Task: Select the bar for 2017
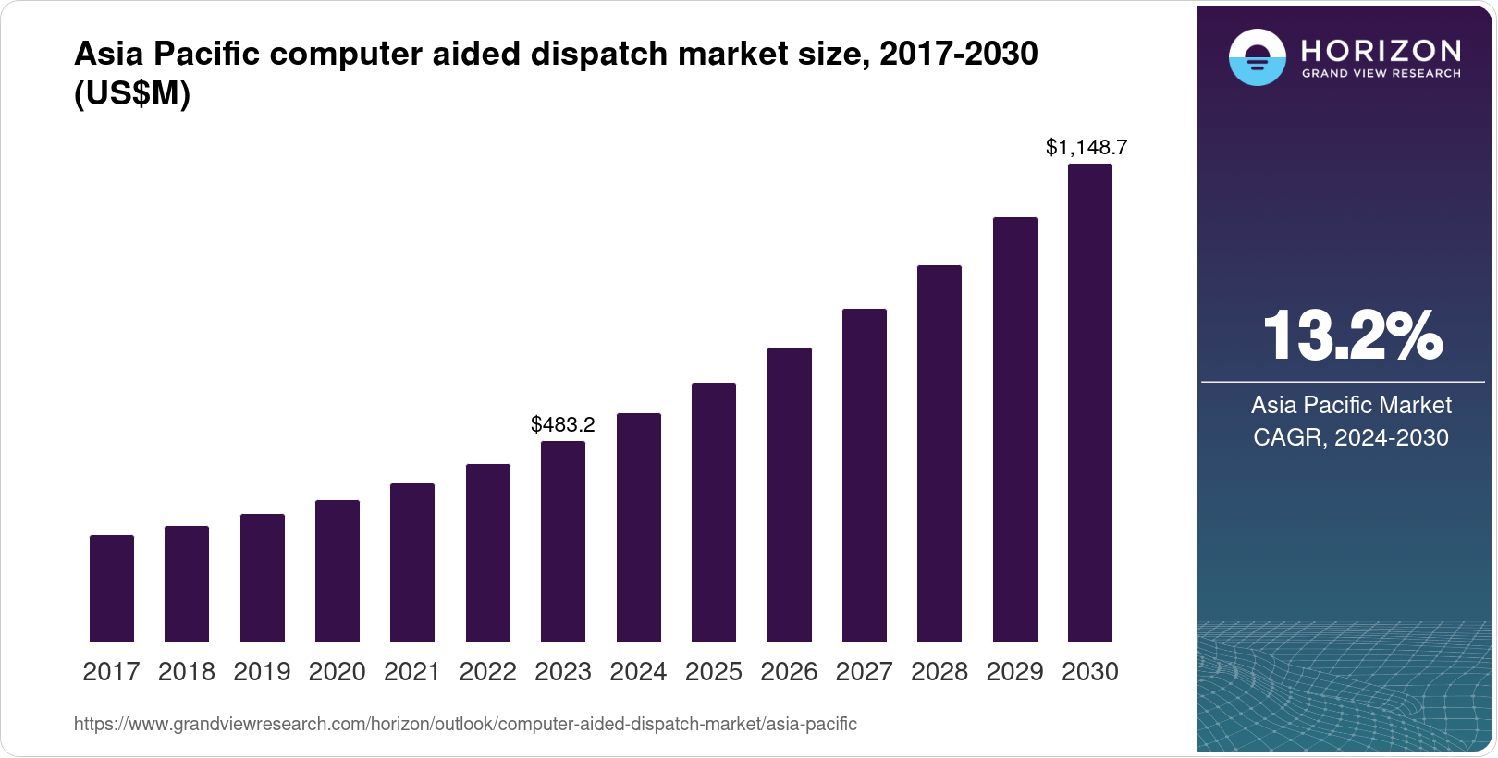112,588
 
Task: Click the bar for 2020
338,570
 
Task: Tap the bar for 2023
563,541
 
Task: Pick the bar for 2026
790,495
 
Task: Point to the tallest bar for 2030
1090,403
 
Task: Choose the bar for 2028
939,453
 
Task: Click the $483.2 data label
563,424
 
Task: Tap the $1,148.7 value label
1087,147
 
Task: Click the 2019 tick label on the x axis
262,672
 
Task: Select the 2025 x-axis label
714,672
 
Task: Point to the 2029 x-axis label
1014,672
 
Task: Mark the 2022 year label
487,672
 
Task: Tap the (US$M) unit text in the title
132,94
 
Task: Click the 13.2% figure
1351,336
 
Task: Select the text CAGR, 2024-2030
1351,437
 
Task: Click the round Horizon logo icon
1257,57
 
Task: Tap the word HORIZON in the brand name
1381,50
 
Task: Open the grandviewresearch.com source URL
465,725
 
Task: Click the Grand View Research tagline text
1381,74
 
